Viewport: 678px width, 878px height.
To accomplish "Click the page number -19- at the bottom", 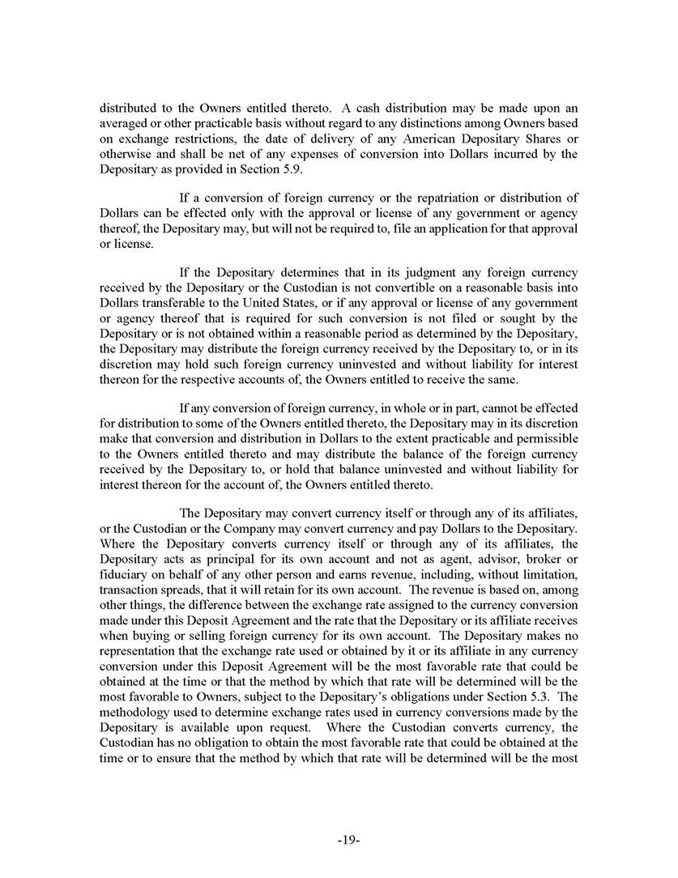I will pyautogui.click(x=348, y=841).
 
